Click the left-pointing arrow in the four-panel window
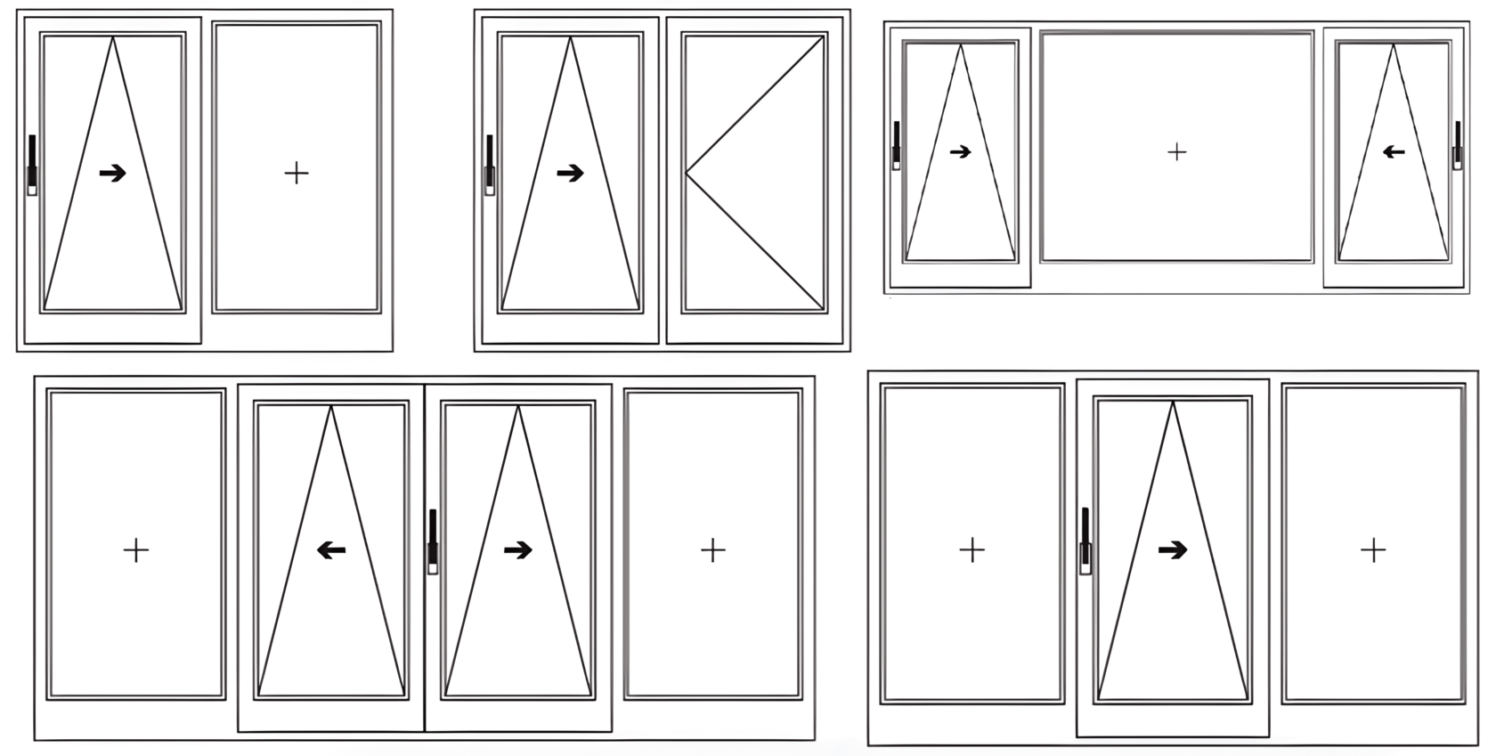pyautogui.click(x=331, y=551)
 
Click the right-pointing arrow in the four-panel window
pyautogui.click(x=517, y=551)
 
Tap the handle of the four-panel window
pyautogui.click(x=433, y=541)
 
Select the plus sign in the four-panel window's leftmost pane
pyautogui.click(x=136, y=551)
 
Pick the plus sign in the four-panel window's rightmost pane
pyautogui.click(x=712, y=551)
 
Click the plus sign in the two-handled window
pyautogui.click(x=1176, y=152)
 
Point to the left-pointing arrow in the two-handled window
pyautogui.click(x=1394, y=152)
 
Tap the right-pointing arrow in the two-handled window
pyautogui.click(x=960, y=152)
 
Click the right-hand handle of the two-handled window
pyautogui.click(x=1458, y=145)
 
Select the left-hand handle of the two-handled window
pyautogui.click(x=897, y=145)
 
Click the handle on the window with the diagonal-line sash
pyautogui.click(x=490, y=165)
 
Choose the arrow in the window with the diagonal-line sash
pyautogui.click(x=570, y=173)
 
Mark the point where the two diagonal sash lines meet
pyautogui.click(x=686, y=173)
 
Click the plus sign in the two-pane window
pyautogui.click(x=296, y=173)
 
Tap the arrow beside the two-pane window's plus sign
pyautogui.click(x=112, y=173)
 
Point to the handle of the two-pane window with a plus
pyautogui.click(x=32, y=165)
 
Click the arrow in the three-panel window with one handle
pyautogui.click(x=1173, y=551)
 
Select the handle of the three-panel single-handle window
pyautogui.click(x=1085, y=541)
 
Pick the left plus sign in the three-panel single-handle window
pyautogui.click(x=972, y=550)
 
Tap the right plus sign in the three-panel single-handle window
pyautogui.click(x=1373, y=551)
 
